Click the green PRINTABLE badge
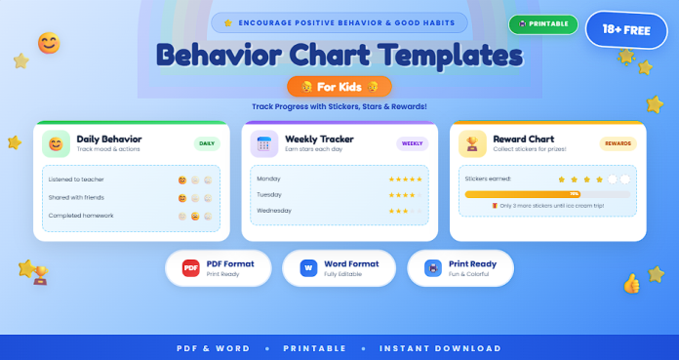(542, 24)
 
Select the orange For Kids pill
(339, 86)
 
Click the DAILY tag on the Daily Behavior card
(207, 143)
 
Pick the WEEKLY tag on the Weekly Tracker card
(413, 143)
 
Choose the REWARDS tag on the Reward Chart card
(618, 143)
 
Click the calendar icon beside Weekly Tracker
(264, 144)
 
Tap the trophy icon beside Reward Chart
(472, 144)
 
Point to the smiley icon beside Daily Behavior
(57, 144)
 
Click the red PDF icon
(191, 267)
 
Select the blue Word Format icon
(308, 267)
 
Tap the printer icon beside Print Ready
(432, 267)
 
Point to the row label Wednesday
(273, 211)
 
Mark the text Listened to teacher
(76, 180)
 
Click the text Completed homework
(80, 215)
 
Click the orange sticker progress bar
(546, 195)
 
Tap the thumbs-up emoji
(631, 284)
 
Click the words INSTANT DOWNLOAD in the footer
(440, 348)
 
